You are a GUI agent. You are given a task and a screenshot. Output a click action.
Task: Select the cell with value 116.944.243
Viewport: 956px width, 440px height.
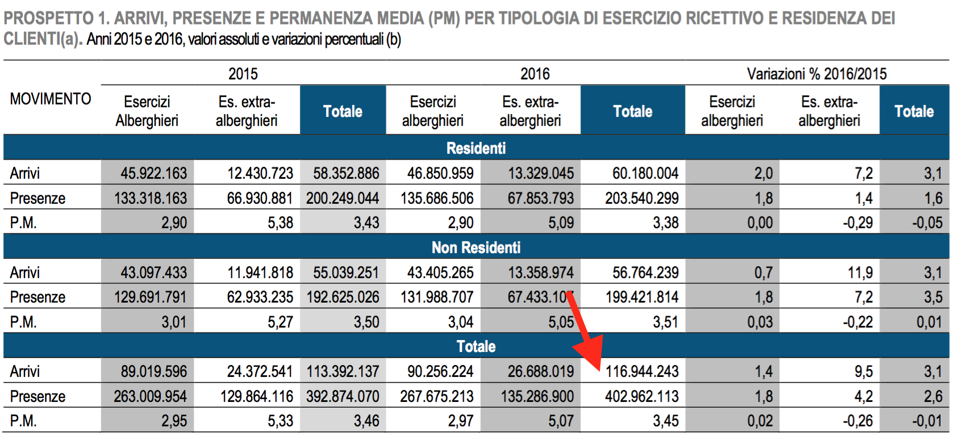(x=642, y=371)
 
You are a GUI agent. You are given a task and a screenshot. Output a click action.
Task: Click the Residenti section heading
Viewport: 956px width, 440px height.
(x=476, y=148)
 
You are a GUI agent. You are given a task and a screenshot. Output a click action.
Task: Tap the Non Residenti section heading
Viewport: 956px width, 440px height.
(x=476, y=248)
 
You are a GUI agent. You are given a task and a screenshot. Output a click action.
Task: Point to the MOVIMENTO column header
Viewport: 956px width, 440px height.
(x=51, y=99)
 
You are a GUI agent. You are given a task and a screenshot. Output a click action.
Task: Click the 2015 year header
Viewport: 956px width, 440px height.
(x=243, y=74)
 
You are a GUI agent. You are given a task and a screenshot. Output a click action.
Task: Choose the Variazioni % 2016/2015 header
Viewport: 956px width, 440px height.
(x=816, y=74)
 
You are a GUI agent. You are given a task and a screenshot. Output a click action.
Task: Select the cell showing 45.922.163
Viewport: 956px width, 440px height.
(x=153, y=173)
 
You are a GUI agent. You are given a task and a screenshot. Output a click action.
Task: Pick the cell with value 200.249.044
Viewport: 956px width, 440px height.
(x=343, y=198)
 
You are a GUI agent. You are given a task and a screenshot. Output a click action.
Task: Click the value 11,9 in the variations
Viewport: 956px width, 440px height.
(x=860, y=273)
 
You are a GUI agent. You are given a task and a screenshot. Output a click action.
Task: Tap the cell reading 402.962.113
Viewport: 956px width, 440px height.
(x=642, y=396)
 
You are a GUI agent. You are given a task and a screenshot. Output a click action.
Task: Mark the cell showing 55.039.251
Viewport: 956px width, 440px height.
(x=345, y=273)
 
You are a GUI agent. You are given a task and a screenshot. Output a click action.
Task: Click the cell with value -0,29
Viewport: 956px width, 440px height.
(x=858, y=223)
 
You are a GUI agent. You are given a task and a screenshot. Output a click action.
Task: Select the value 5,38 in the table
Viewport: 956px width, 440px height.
(x=280, y=223)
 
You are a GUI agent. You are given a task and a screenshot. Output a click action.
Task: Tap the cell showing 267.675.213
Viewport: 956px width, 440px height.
(x=436, y=396)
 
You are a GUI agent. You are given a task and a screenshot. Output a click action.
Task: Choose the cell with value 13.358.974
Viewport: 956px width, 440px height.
(x=541, y=273)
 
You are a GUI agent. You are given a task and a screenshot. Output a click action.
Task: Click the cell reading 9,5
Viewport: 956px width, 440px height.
(x=863, y=371)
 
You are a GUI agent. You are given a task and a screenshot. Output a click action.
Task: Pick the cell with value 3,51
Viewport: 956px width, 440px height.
(x=665, y=322)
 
